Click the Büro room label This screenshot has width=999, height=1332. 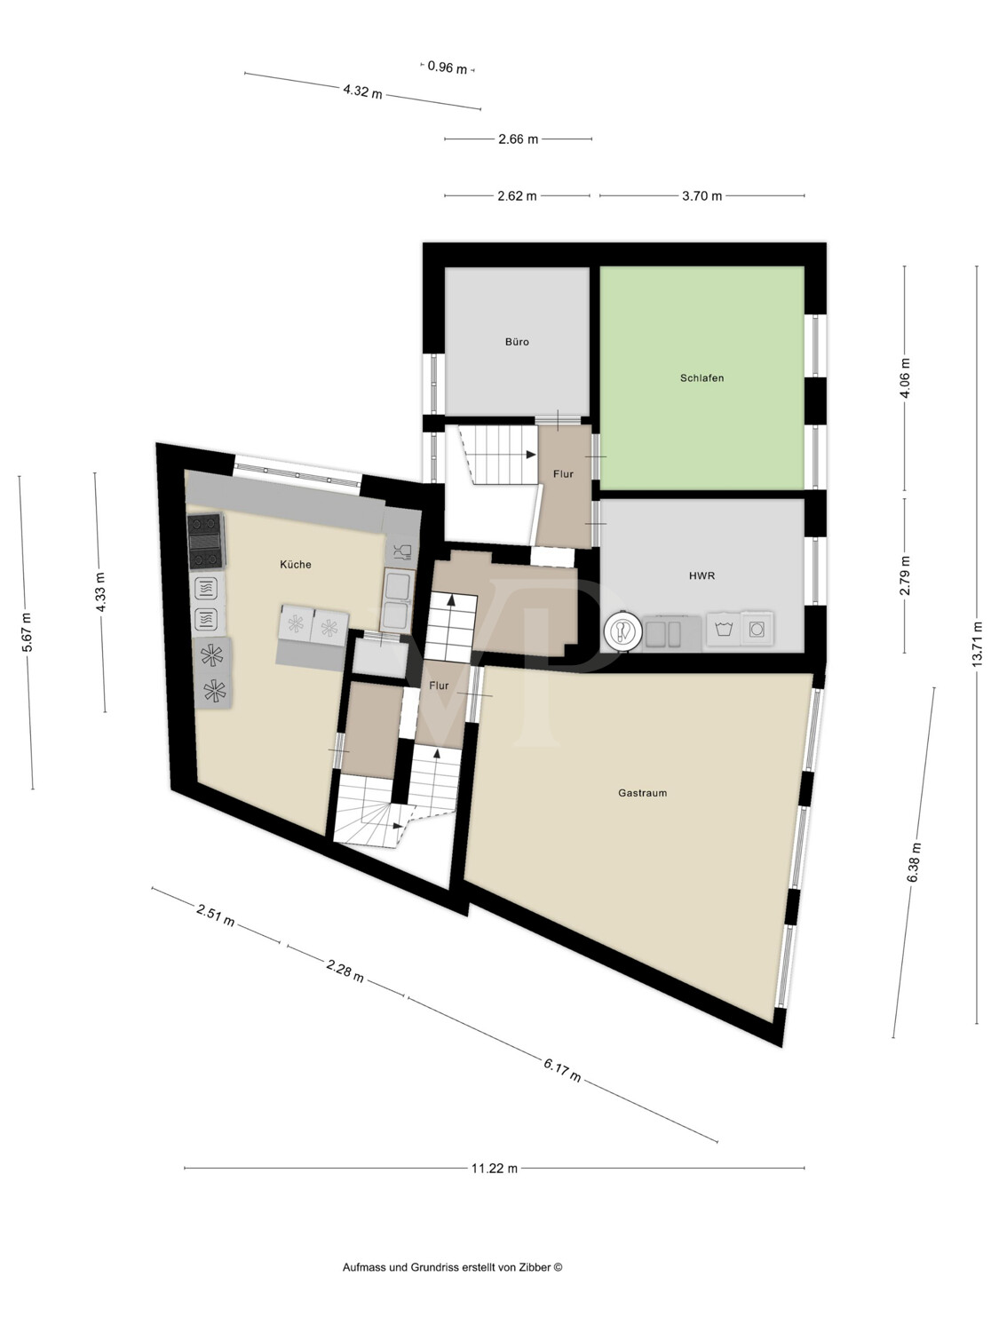pos(517,342)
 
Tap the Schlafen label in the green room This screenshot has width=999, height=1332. pos(702,378)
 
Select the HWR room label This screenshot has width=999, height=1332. pos(702,576)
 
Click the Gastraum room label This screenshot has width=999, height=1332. pos(642,793)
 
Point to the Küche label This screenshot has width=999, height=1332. pos(295,565)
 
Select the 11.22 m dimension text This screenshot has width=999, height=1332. pos(495,1169)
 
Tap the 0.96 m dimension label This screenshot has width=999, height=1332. pos(447,67)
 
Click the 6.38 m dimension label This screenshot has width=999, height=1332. pos(914,862)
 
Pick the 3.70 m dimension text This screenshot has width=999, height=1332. pos(702,196)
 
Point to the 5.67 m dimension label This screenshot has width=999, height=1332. pos(27,632)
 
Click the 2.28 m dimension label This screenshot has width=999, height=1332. pos(345,971)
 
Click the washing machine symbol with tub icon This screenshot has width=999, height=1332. pos(723,630)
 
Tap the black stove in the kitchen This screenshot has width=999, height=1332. pos(205,541)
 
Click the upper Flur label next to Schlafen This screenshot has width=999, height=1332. pos(563,474)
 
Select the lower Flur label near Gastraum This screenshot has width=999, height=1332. pos(439,686)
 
